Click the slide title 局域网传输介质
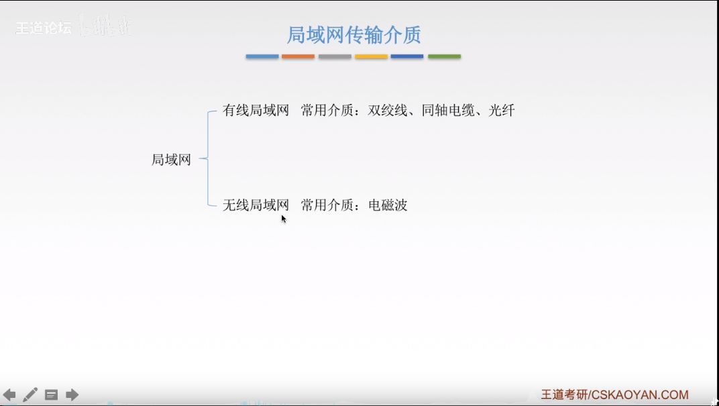pos(353,34)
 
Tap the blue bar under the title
pos(262,56)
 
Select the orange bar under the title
pos(298,56)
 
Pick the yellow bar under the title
pos(371,56)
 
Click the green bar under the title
pos(444,56)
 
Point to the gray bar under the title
pos(335,56)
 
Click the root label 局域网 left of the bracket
pos(171,160)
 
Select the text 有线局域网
pos(256,111)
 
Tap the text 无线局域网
pos(256,205)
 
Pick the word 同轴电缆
pos(448,111)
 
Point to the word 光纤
pos(502,111)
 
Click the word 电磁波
pos(388,205)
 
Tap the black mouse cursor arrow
pos(284,218)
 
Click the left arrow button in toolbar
pos(9,395)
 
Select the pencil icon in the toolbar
pos(30,395)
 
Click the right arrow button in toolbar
pos(72,395)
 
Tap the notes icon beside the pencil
pos(52,395)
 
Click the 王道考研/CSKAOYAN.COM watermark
pos(614,395)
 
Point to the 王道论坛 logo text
pos(43,28)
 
